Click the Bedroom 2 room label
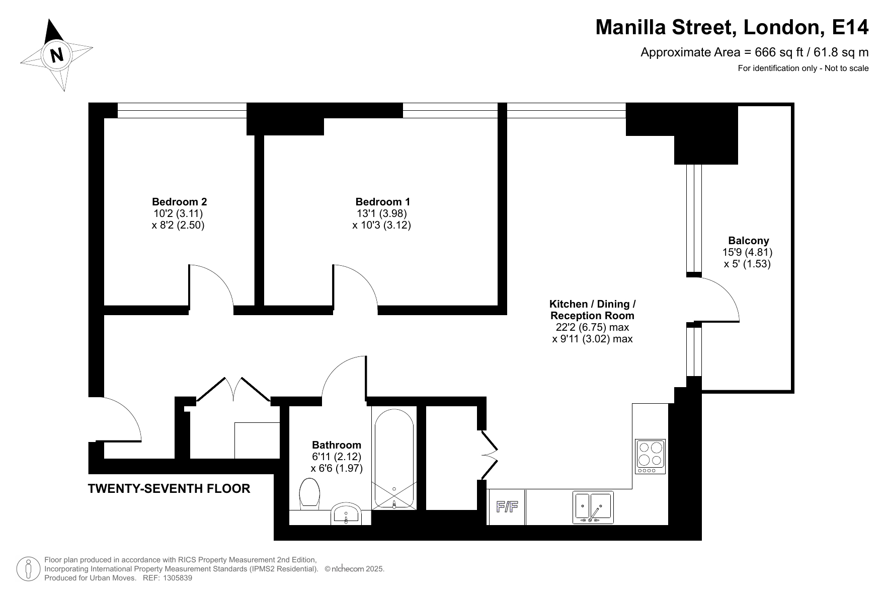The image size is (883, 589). click(179, 202)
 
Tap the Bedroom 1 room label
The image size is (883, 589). click(382, 202)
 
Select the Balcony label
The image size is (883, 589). click(749, 241)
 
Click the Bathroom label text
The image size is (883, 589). click(337, 445)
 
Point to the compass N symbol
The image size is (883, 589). click(57, 54)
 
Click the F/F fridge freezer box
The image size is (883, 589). click(507, 507)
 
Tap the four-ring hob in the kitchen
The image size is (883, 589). click(650, 456)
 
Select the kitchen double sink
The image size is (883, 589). click(594, 507)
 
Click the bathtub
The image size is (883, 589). click(394, 459)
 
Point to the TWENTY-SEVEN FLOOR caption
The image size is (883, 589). click(169, 489)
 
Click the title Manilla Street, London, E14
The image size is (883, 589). click(732, 27)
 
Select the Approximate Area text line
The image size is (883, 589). click(754, 52)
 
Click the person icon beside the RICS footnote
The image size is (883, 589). click(29, 569)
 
